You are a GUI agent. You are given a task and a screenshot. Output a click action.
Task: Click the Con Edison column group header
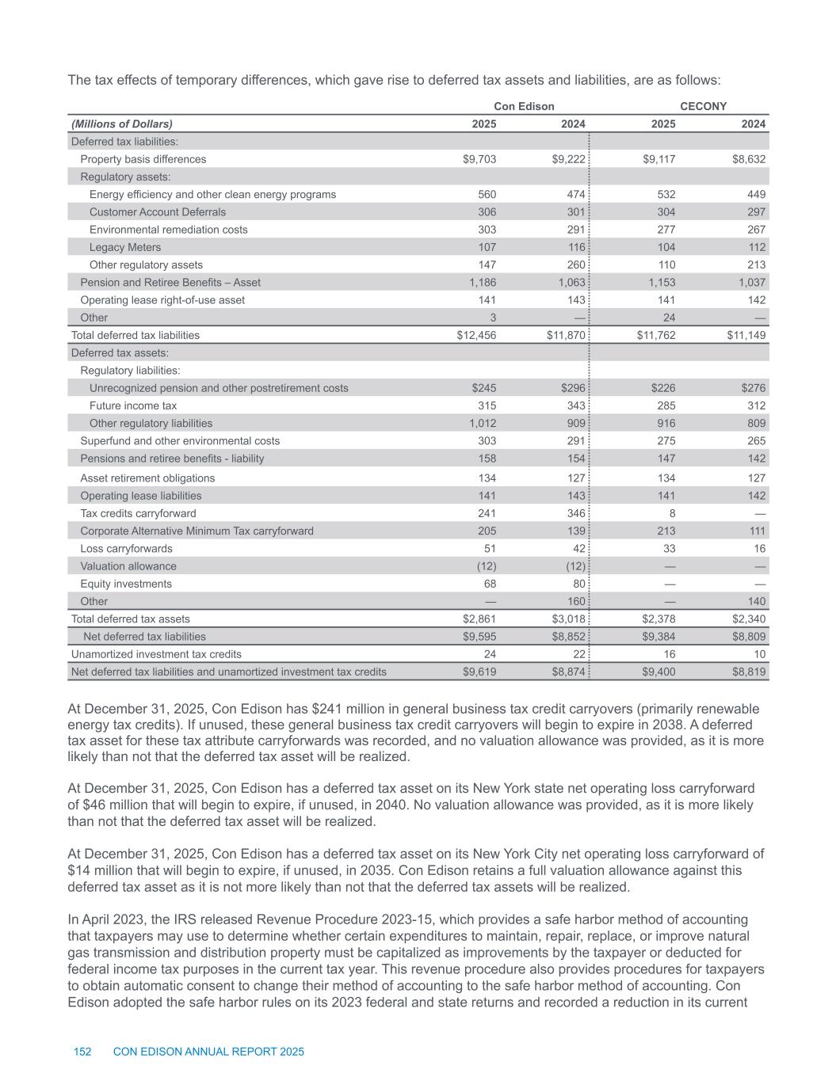pos(524,106)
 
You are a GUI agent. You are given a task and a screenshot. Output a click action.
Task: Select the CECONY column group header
pos(704,106)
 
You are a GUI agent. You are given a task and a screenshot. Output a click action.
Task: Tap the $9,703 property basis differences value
pos(479,159)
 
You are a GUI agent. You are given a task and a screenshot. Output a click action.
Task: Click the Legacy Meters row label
pos(125,247)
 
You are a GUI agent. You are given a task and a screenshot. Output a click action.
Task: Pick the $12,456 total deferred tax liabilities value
pos(476,335)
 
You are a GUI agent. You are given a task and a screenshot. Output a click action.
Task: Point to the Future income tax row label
pos(133,405)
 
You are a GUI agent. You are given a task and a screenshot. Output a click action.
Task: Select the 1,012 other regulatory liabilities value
pos(483,423)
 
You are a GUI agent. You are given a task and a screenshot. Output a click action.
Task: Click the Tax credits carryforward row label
pos(138,513)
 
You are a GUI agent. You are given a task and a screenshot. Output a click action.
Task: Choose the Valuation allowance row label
pos(128,566)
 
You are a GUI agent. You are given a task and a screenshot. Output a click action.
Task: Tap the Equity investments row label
pos(126,584)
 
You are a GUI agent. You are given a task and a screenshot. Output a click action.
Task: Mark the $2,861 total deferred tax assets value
pos(479,619)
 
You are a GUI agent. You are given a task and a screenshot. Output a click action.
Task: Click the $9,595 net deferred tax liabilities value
pos(479,636)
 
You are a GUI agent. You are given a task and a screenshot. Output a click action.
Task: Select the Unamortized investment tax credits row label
pos(156,654)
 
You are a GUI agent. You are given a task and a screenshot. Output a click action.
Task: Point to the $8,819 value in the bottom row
pos(748,672)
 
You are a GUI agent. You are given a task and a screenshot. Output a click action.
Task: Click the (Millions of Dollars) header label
pos(122,124)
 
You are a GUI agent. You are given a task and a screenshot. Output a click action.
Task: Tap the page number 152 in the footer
pos(82,1052)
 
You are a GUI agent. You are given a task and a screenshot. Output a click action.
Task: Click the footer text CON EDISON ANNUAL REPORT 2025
pos(208,1052)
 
